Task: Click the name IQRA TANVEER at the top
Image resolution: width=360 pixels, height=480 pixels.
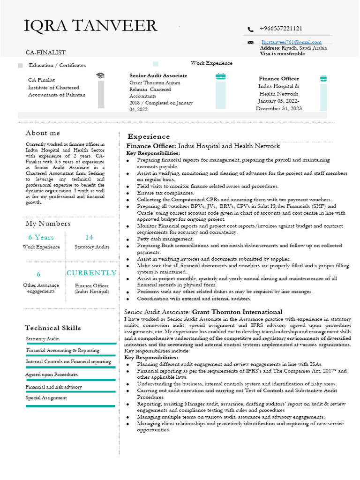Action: [x=90, y=26]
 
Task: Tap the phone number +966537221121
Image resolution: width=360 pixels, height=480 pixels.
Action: [x=281, y=29]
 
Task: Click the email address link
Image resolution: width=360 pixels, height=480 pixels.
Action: [x=291, y=42]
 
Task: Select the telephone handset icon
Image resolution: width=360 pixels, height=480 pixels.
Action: [x=251, y=30]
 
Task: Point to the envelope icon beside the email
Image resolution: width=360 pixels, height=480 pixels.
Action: [x=251, y=43]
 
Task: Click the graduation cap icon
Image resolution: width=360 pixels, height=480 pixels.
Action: [x=100, y=75]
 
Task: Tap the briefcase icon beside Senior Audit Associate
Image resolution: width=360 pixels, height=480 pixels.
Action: [x=220, y=76]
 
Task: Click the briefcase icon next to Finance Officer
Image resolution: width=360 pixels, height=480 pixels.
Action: [x=323, y=79]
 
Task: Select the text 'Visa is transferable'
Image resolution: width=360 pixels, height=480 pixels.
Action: [x=282, y=54]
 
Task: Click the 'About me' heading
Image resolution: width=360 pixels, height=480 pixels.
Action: [x=43, y=133]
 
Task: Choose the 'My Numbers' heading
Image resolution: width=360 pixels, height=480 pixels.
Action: [x=48, y=224]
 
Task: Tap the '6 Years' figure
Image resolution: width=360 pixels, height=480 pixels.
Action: [x=41, y=237]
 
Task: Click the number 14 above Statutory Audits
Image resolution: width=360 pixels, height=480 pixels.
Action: [x=89, y=237]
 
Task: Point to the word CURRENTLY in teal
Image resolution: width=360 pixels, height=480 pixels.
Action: [x=91, y=273]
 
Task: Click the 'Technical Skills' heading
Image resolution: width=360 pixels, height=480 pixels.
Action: [x=53, y=328]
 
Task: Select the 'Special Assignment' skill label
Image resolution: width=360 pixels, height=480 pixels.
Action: [x=46, y=398]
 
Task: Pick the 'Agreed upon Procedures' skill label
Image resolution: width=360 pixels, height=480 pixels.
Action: [x=52, y=375]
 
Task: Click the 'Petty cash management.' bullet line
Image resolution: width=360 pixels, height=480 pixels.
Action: [x=165, y=239]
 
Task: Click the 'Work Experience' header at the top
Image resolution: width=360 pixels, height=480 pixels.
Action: [x=211, y=63]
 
